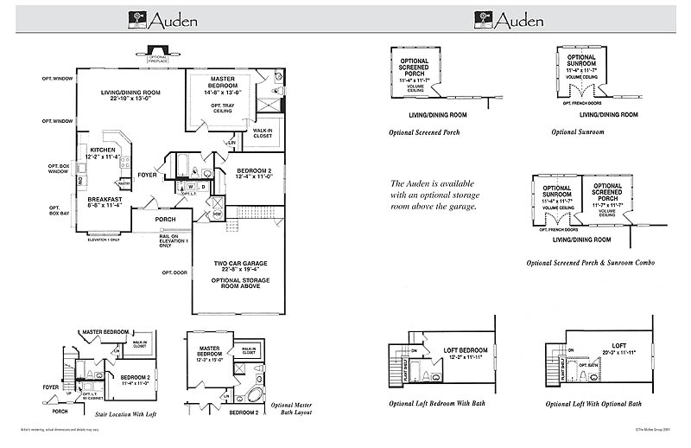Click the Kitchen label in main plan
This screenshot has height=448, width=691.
pos(103,151)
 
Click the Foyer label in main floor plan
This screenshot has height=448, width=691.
pos(148,174)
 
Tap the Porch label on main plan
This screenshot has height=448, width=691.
pos(165,219)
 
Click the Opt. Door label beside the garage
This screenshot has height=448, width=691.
pos(174,272)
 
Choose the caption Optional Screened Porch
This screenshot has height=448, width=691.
pos(424,132)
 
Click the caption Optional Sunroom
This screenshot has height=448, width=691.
pos(577,132)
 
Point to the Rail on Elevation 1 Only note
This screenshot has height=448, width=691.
pos(173,240)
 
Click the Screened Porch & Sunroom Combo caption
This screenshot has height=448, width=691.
pos(590,262)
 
